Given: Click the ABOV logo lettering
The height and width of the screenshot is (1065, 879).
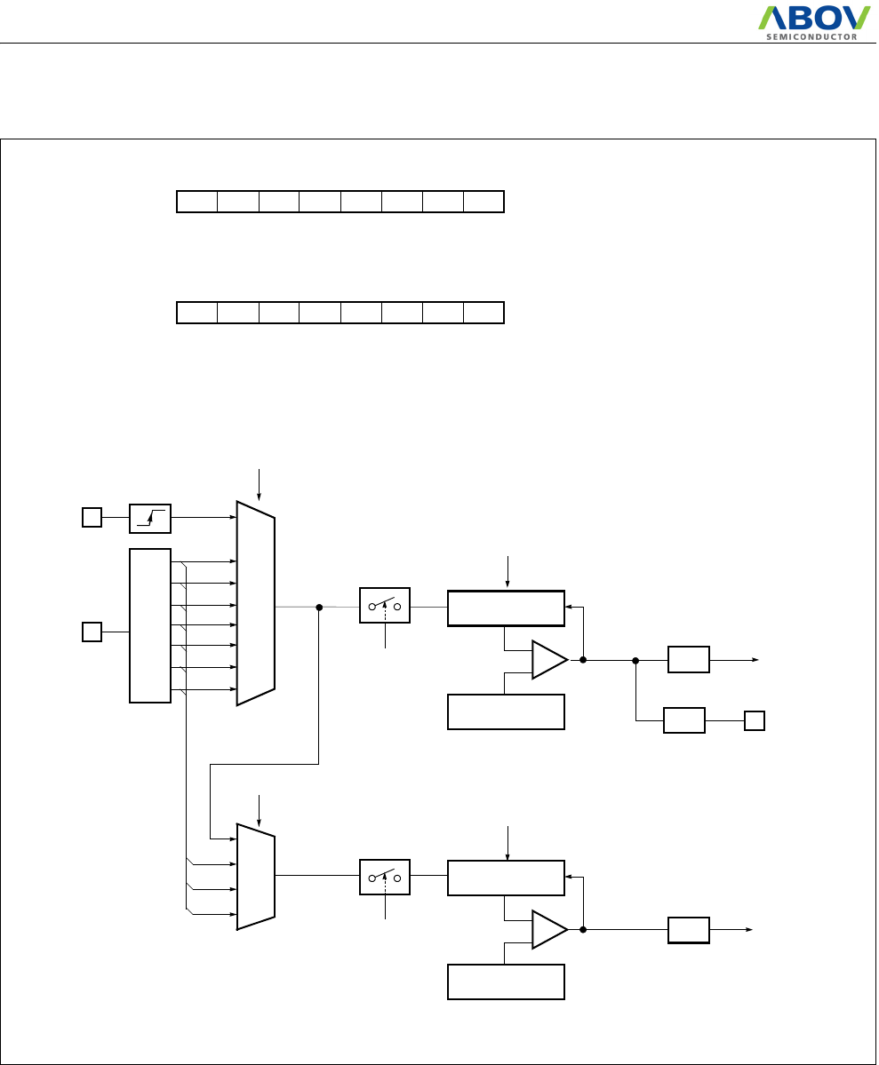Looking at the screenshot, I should click(x=813, y=19).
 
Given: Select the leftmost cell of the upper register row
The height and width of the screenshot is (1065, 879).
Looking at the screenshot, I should click(x=197, y=202).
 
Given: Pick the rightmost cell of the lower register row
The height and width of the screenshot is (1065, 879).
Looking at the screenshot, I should click(x=483, y=313).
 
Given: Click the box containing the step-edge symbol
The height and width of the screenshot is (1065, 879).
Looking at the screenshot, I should click(x=150, y=518).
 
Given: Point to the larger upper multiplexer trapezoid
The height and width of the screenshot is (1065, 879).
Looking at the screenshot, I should click(x=256, y=603).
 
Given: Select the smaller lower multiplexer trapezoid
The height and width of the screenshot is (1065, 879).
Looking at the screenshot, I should click(x=256, y=876).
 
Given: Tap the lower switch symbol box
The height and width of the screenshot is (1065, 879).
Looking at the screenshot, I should click(x=384, y=877).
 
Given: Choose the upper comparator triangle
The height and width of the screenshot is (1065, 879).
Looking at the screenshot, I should click(x=547, y=660).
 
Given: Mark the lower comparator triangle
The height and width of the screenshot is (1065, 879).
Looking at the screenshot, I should click(x=547, y=930).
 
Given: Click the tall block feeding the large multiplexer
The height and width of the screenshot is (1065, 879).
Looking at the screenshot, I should click(x=150, y=625).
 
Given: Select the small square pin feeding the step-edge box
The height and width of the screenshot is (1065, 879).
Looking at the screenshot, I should click(x=92, y=517).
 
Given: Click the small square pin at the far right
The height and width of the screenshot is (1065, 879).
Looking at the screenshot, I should click(x=755, y=720).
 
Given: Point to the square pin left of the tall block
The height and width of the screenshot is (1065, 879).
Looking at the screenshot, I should click(x=92, y=632).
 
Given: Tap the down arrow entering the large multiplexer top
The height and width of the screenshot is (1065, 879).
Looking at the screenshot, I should click(x=259, y=483).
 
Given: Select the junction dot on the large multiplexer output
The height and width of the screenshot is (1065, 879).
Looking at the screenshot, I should click(x=318, y=608).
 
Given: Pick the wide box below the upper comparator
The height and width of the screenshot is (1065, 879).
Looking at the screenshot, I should click(x=506, y=711).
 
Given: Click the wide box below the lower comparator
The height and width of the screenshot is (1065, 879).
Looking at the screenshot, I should click(x=506, y=982).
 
